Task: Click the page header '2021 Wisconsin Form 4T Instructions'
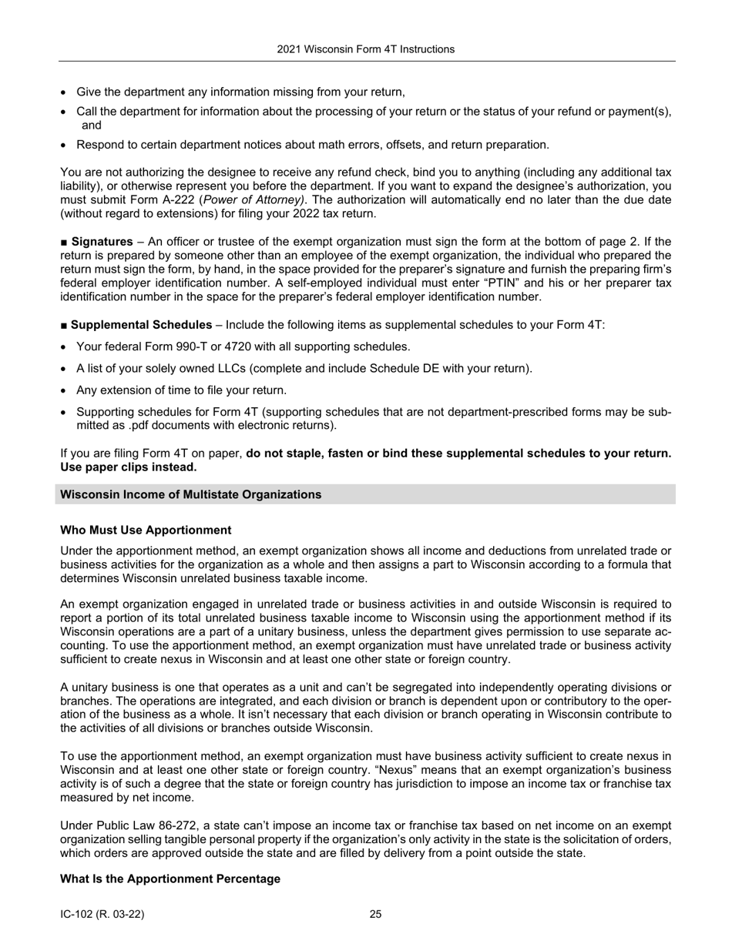click(365, 49)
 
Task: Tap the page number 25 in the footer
click(375, 915)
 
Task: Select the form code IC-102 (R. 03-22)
click(102, 915)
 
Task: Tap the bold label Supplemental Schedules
click(141, 325)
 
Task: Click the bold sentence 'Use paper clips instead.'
click(128, 467)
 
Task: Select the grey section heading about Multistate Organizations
click(190, 494)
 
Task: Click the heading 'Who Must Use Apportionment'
click(146, 530)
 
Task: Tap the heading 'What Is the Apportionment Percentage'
click(170, 878)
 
